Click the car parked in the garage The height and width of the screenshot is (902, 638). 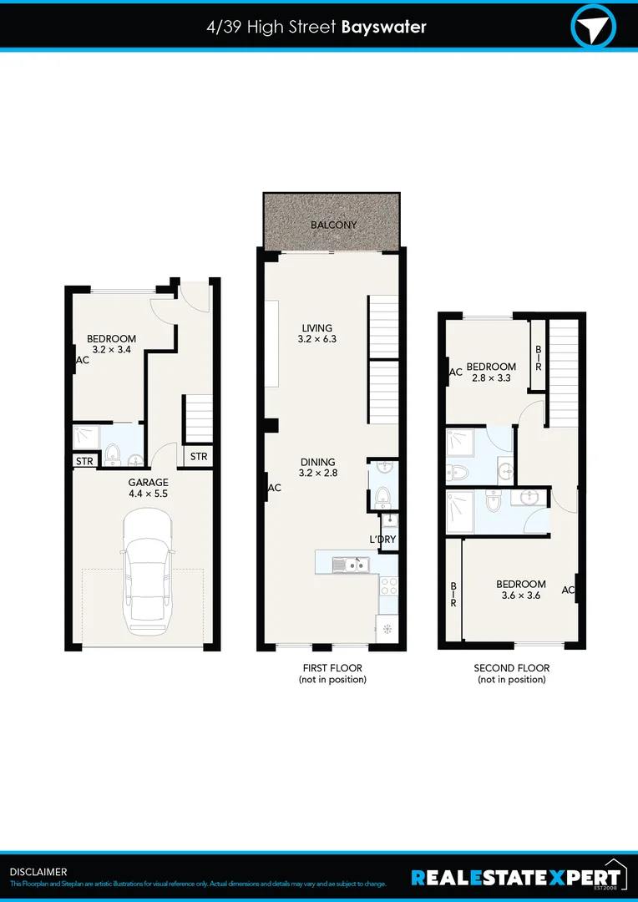[148, 575]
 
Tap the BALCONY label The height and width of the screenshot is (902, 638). [333, 225]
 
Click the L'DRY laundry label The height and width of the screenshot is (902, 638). [382, 540]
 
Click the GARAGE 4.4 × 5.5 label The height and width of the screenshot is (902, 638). [148, 488]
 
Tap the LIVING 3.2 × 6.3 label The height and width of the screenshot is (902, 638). [316, 333]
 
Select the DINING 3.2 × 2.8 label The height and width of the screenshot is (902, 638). [316, 467]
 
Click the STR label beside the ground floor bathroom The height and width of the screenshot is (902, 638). [84, 461]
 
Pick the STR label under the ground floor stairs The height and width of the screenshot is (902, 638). [198, 457]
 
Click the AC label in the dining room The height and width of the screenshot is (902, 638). [274, 489]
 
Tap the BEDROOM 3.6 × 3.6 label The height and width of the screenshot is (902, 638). [520, 590]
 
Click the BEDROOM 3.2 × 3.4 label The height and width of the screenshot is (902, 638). [111, 344]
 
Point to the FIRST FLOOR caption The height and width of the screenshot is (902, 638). [332, 673]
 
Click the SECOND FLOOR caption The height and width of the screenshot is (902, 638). [511, 673]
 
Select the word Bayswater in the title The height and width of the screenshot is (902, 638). [383, 27]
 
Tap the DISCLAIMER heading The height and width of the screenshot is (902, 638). [38, 872]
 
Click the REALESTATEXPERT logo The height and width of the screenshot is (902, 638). [518, 877]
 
